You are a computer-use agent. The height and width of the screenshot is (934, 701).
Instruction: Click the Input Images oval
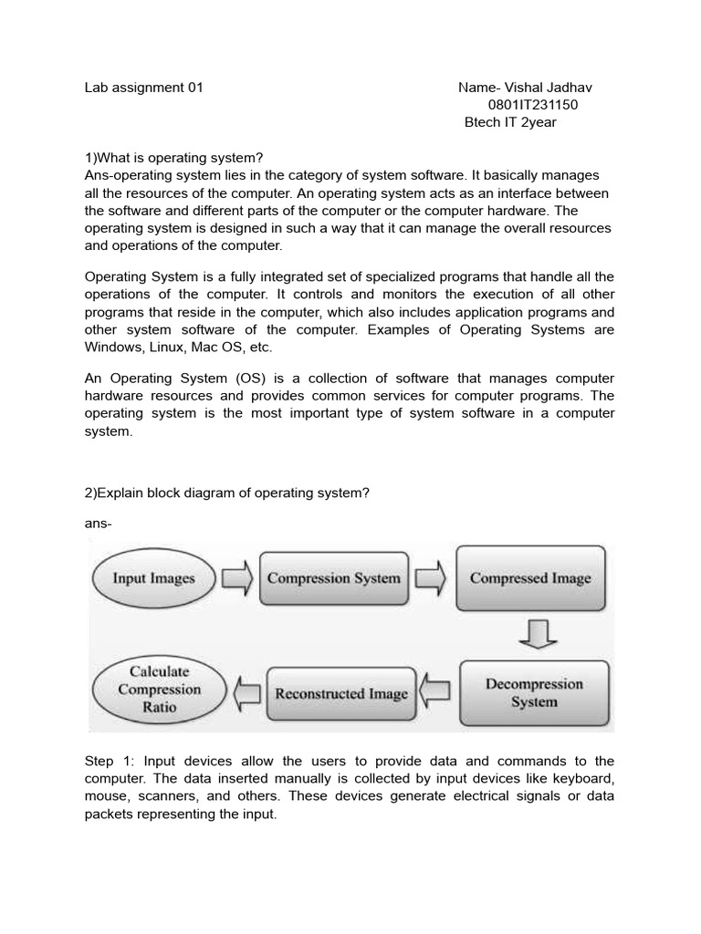(153, 578)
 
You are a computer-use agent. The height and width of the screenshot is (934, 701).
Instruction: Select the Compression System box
(333, 578)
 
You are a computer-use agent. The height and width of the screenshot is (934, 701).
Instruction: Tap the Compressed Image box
(530, 578)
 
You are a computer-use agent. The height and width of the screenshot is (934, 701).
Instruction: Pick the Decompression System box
(534, 692)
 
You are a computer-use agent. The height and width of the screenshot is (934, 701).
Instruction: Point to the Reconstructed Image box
(341, 694)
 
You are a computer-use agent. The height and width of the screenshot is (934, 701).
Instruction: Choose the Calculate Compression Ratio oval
(159, 689)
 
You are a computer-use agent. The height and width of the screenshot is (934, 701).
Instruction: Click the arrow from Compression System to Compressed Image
(430, 578)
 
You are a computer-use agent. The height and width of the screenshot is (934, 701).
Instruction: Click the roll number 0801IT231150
(533, 105)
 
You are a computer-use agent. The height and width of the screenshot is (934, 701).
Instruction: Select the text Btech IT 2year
(510, 122)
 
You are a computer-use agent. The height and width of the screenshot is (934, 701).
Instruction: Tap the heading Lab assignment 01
(143, 88)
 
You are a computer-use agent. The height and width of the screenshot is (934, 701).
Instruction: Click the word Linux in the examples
(165, 348)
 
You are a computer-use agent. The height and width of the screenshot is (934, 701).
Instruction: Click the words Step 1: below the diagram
(109, 761)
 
